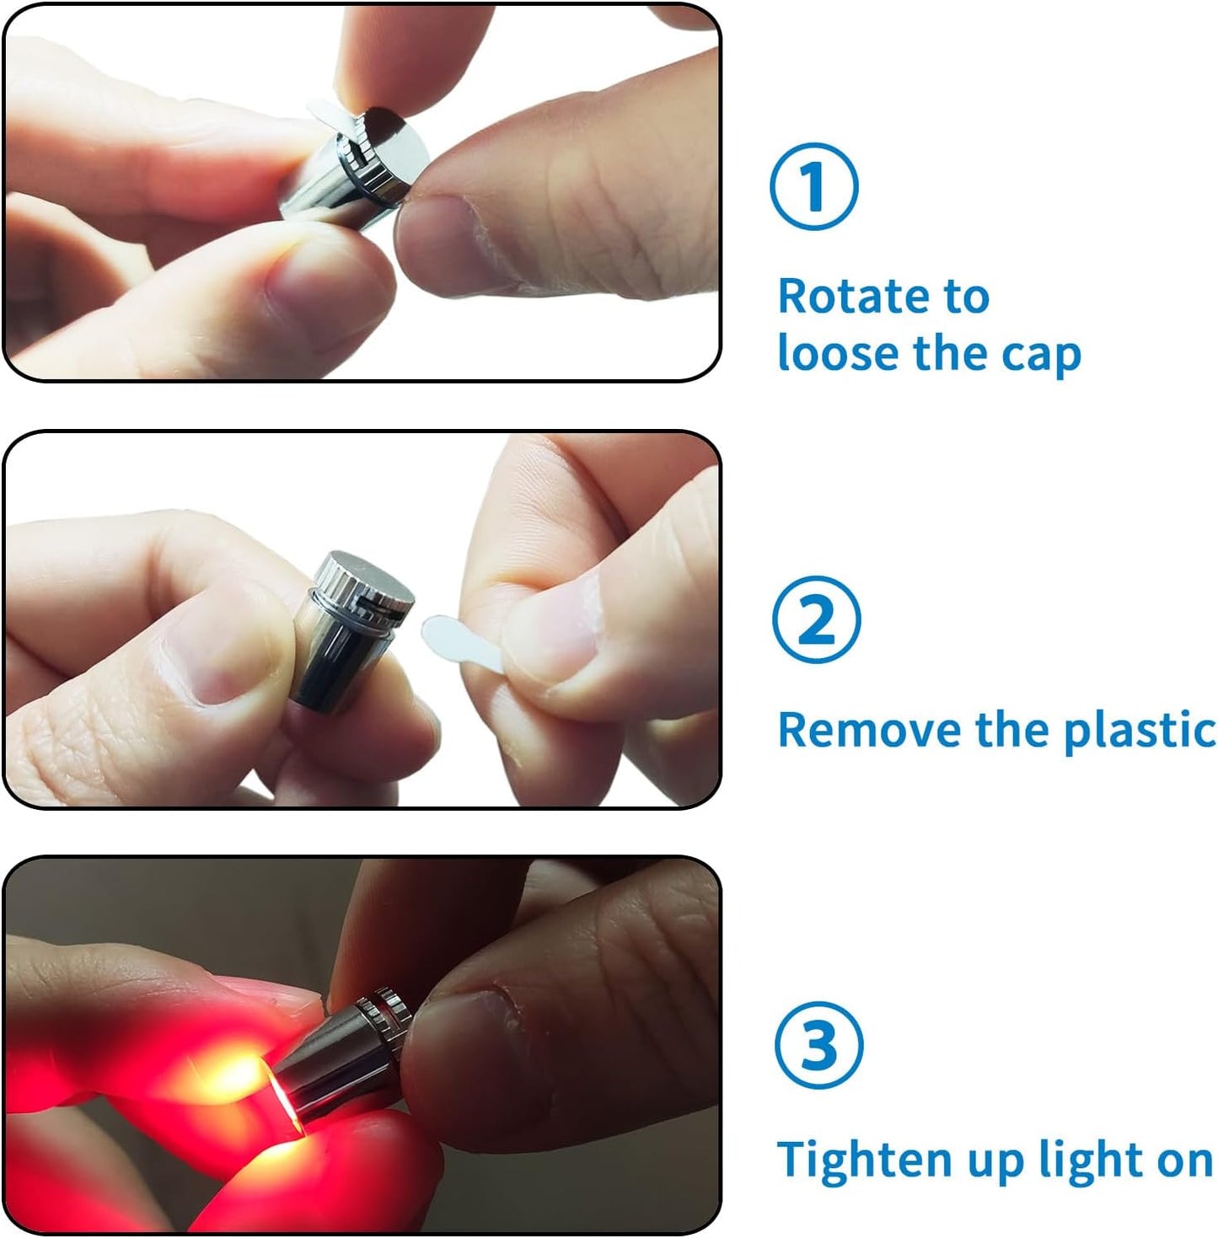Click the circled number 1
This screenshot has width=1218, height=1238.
click(x=813, y=186)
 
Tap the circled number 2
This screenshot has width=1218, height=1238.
click(x=816, y=619)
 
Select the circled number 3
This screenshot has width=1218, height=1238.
click(x=818, y=1045)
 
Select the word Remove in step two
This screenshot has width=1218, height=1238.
click(x=870, y=729)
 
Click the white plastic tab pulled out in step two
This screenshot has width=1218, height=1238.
click(x=459, y=640)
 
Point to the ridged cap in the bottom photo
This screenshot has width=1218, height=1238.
click(x=384, y=1011)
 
